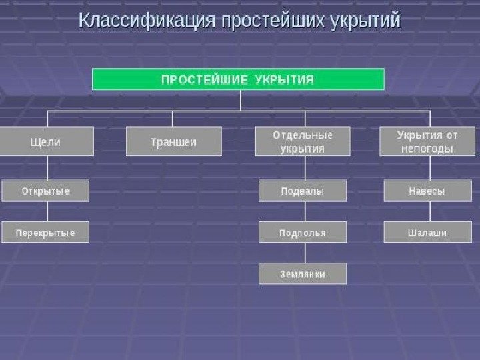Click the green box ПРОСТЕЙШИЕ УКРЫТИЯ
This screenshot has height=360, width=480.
(238, 79)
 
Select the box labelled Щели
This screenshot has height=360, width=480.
(46, 142)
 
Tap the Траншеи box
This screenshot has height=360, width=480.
(173, 142)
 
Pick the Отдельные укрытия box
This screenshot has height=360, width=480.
(303, 142)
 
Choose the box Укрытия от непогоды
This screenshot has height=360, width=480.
(428, 142)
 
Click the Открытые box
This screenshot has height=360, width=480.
(46, 191)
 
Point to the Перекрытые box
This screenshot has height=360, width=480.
(46, 232)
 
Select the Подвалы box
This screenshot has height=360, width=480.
(303, 191)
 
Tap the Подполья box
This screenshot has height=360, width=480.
(303, 232)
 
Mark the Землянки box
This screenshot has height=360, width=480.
(303, 273)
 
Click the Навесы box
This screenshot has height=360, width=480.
(428, 191)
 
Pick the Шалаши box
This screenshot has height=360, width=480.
(428, 232)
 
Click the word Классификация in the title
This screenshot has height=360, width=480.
(147, 21)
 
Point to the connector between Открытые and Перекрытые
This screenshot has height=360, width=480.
(47, 211)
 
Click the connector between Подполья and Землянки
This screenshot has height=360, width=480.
(305, 253)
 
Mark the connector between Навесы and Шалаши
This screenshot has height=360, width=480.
(430, 211)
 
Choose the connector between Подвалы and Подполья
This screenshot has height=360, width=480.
(305, 211)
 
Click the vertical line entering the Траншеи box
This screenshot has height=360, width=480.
(173, 119)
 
